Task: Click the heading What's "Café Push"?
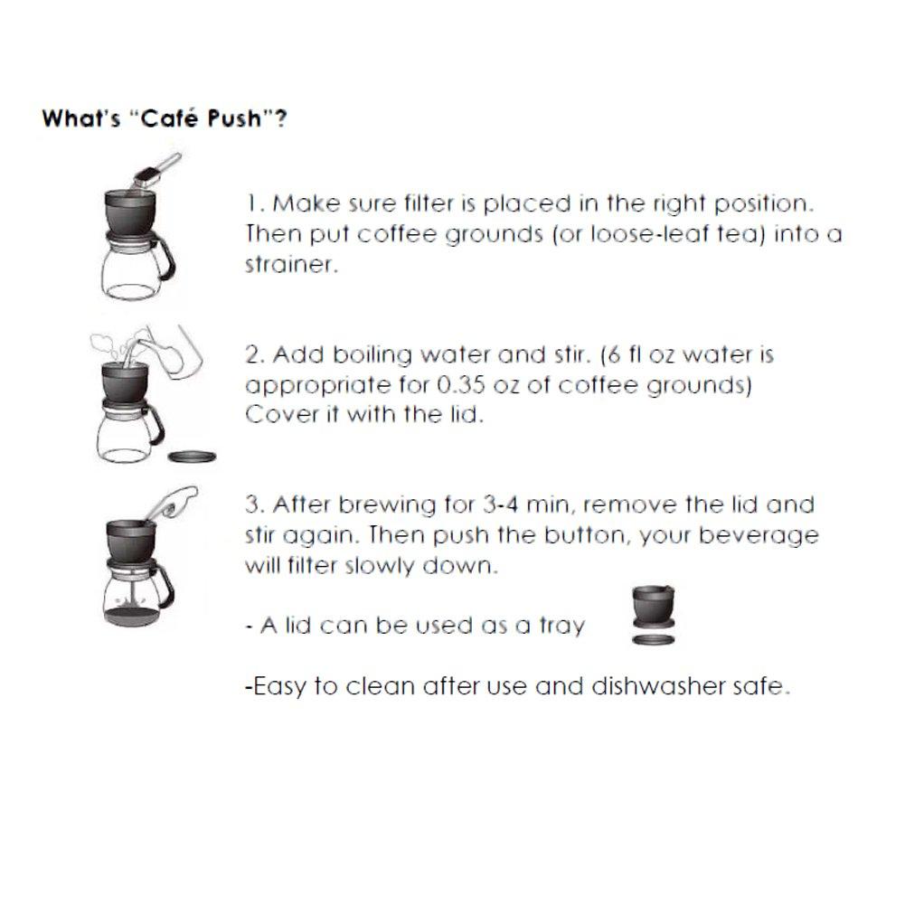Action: click(x=165, y=119)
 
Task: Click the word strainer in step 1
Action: click(x=281, y=266)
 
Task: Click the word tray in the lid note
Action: click(x=560, y=626)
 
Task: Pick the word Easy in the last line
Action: click(x=277, y=686)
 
